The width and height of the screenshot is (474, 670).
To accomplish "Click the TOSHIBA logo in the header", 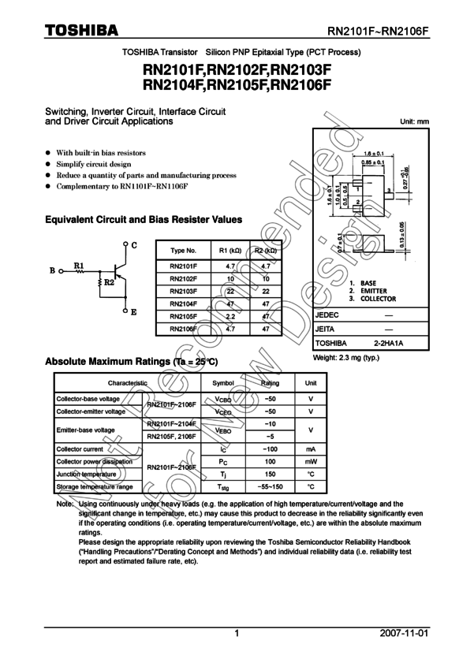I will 81,30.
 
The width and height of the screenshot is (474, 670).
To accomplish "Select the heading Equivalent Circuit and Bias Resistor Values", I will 143,220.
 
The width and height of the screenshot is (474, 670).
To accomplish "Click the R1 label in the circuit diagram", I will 79,265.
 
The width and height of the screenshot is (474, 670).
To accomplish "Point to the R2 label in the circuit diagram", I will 110,281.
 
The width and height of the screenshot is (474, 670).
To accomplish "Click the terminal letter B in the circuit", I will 52,271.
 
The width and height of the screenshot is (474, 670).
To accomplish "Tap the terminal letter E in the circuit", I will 133,312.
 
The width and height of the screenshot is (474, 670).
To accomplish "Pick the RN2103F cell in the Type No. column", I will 184,291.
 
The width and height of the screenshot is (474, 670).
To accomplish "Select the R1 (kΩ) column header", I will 229,250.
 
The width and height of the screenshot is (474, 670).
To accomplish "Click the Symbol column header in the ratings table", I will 223,382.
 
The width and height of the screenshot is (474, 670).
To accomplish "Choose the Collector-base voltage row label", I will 88,400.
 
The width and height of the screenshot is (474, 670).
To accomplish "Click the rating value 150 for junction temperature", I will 270,474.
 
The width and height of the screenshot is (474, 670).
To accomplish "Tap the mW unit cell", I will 311,461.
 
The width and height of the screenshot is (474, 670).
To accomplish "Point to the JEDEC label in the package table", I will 327,315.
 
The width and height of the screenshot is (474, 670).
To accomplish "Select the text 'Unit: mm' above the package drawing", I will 414,121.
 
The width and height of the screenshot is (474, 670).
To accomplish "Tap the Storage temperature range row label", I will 94,486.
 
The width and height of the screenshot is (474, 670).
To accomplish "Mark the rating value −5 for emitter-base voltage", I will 270,436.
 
